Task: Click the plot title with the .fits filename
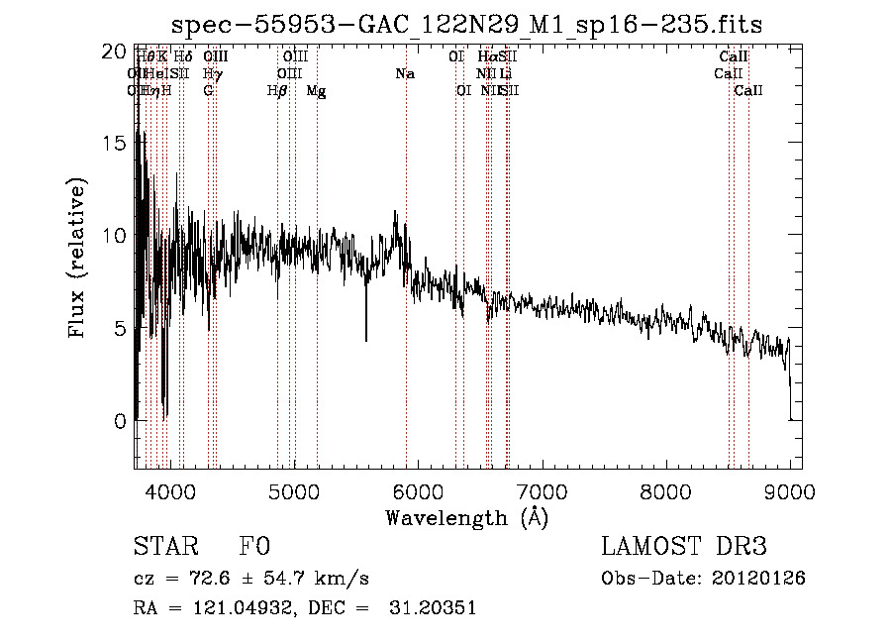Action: [x=466, y=24]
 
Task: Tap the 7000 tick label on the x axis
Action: [x=542, y=491]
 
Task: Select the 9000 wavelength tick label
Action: [x=790, y=491]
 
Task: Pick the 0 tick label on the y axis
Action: [x=119, y=421]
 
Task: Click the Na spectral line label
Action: [x=404, y=74]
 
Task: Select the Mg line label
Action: [x=316, y=91]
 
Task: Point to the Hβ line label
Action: [x=277, y=91]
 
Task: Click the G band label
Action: [x=208, y=91]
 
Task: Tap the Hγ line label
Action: [x=212, y=74]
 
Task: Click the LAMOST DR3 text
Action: [x=683, y=548]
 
